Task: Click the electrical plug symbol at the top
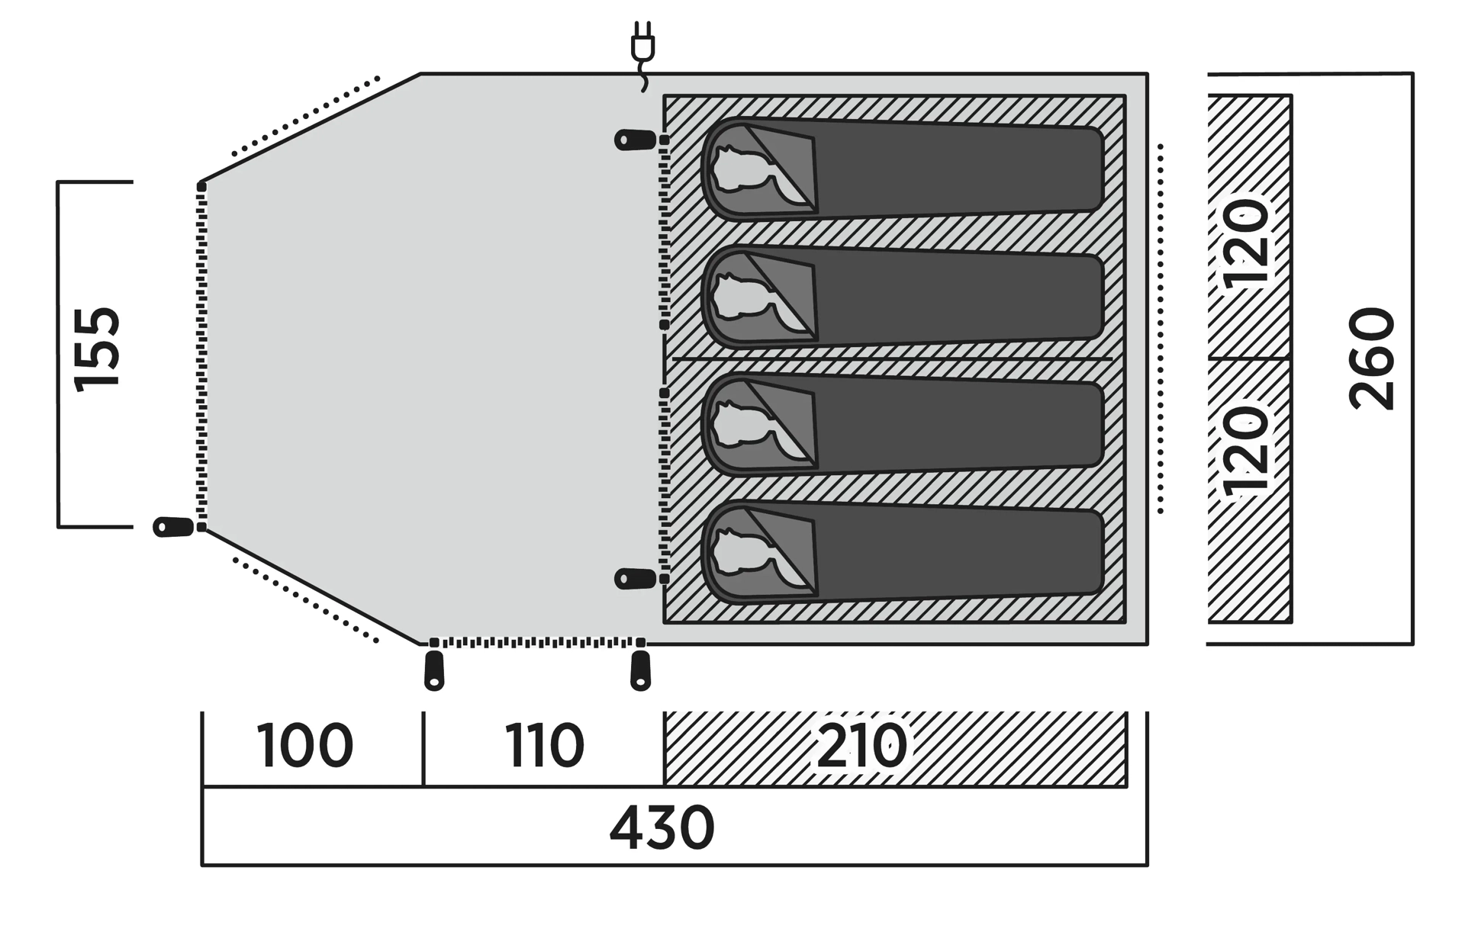click(642, 55)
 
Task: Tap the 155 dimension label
click(97, 349)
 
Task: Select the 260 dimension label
click(1372, 358)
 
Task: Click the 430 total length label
click(662, 827)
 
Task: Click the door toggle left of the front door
click(174, 526)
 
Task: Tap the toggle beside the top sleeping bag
click(636, 140)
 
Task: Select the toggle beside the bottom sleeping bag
click(636, 579)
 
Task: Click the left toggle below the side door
click(434, 670)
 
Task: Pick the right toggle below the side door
click(641, 670)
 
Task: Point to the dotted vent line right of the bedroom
click(1161, 328)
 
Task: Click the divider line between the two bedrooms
click(892, 358)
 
